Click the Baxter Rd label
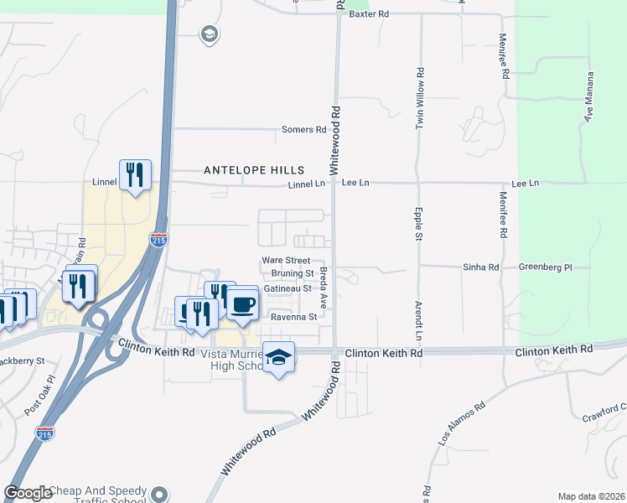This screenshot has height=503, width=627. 370,14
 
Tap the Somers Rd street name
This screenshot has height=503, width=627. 303,130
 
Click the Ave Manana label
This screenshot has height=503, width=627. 588,97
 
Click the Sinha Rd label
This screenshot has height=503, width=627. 480,267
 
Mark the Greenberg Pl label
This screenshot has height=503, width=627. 545,267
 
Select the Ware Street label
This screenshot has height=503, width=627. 286,261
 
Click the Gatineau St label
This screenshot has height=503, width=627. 288,288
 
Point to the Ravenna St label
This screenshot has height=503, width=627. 293,317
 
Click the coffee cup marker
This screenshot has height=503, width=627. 243,304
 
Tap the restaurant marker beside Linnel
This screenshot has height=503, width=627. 135,175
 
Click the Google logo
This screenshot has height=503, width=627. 28,494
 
